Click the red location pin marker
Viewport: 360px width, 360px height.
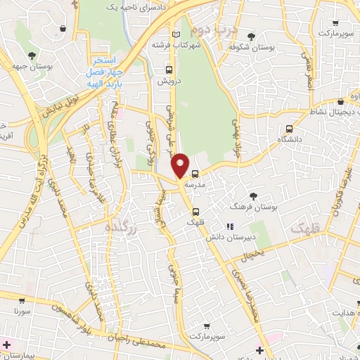(181, 165)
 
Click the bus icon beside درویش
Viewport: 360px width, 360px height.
(168, 70)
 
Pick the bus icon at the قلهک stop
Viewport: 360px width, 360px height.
(196, 211)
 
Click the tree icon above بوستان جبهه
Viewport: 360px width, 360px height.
(30, 56)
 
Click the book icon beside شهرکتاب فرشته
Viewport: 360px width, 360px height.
(176, 34)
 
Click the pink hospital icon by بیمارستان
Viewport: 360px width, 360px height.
(6, 345)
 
